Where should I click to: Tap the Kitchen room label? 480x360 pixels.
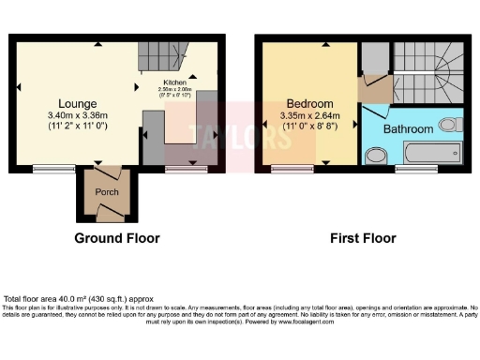pyautogui.click(x=176, y=82)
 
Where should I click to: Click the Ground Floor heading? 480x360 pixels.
pyautogui.click(x=118, y=238)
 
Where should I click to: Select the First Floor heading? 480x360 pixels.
pyautogui.click(x=362, y=238)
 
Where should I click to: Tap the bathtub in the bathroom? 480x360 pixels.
pyautogui.click(x=431, y=153)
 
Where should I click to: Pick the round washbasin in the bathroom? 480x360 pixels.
pyautogui.click(x=375, y=154)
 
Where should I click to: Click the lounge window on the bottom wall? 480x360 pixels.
pyautogui.click(x=43, y=169)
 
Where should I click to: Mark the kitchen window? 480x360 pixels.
pyautogui.click(x=177, y=169)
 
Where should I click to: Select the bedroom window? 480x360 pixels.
pyautogui.click(x=287, y=169)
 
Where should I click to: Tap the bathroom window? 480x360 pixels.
pyautogui.click(x=410, y=169)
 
